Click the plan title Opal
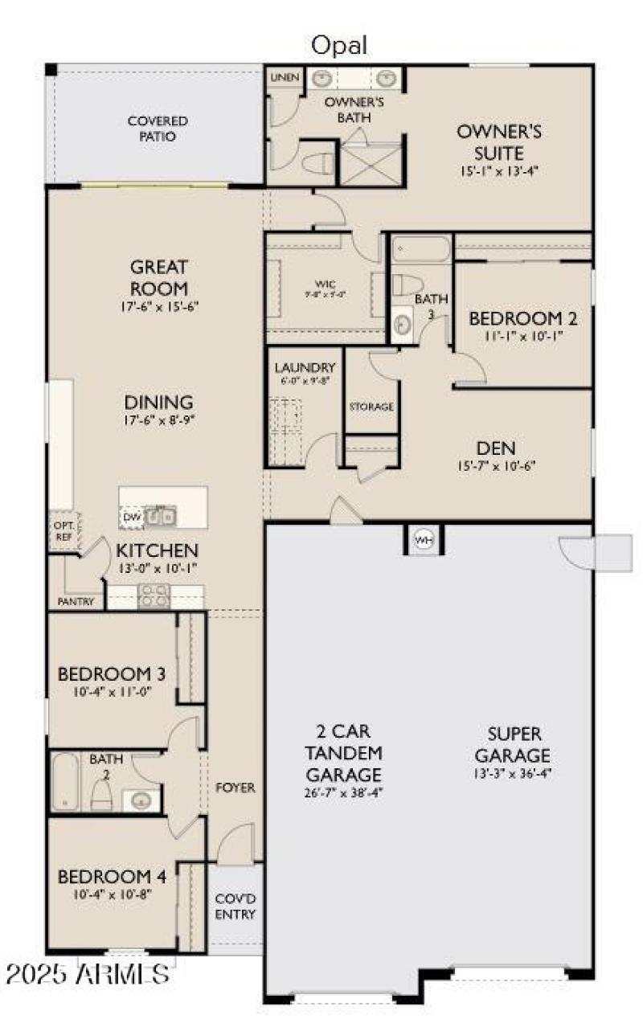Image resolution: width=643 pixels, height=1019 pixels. coord(338,46)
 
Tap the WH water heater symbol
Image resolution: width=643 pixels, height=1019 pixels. coord(423,540)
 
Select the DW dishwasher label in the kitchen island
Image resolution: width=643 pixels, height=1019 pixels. coord(131,517)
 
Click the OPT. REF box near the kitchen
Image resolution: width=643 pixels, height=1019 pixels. coord(62,531)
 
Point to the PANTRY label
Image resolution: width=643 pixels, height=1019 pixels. coord(76,601)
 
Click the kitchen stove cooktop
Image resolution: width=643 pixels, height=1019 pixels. coord(154,596)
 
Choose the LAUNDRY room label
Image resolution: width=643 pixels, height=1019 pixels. coord(304,367)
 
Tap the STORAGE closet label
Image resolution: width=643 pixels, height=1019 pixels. coord(371,407)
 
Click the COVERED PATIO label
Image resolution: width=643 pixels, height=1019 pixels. coord(158,129)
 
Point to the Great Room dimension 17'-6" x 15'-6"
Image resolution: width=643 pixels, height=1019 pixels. coord(158,306)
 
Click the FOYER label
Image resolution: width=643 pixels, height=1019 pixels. coord(235,788)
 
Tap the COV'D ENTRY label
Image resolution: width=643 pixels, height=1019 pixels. coord(235,906)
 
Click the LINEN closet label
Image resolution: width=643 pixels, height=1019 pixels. coord(285,77)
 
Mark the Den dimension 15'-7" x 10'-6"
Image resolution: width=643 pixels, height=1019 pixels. coord(495,465)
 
